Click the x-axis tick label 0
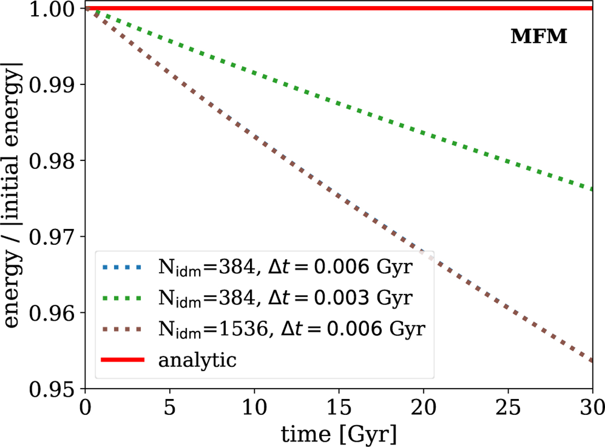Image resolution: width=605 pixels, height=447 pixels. point(86,406)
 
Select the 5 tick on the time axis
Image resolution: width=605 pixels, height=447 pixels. point(170,406)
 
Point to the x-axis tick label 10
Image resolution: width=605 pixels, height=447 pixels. point(255,406)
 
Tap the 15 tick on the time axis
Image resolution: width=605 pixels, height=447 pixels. point(339,406)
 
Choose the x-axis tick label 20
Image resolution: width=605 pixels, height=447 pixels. point(423,406)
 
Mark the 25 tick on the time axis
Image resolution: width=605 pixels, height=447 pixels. point(508,406)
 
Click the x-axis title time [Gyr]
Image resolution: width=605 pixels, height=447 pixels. point(339,432)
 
